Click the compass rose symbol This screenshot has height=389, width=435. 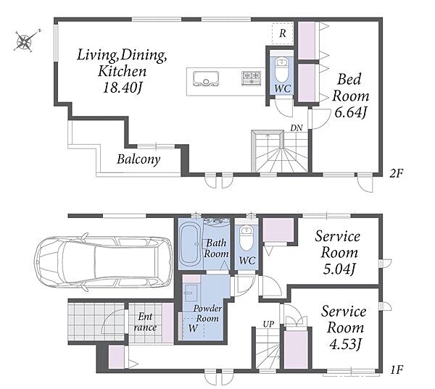point(25,41)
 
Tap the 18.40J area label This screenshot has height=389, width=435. point(123,88)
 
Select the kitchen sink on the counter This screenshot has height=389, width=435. point(206,79)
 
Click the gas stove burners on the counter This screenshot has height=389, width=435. point(252,78)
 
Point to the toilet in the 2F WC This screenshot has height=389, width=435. point(282,69)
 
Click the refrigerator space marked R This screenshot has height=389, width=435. point(283,33)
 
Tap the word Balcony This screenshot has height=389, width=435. point(138,159)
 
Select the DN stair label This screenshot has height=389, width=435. point(297,128)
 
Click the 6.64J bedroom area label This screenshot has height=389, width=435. point(351,112)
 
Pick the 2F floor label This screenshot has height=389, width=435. point(396,174)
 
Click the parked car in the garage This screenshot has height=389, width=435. point(103,262)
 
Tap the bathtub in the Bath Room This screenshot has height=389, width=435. point(190,244)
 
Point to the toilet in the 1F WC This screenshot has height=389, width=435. point(246,238)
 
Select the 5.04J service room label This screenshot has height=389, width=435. point(339,269)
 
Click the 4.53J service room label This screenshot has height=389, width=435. point(345,344)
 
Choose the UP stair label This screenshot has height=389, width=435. point(268,324)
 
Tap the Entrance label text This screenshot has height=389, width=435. point(146,322)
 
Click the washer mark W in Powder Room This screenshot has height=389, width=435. point(193,328)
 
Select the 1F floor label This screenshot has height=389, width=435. point(397,369)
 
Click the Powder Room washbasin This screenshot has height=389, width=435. point(191,293)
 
